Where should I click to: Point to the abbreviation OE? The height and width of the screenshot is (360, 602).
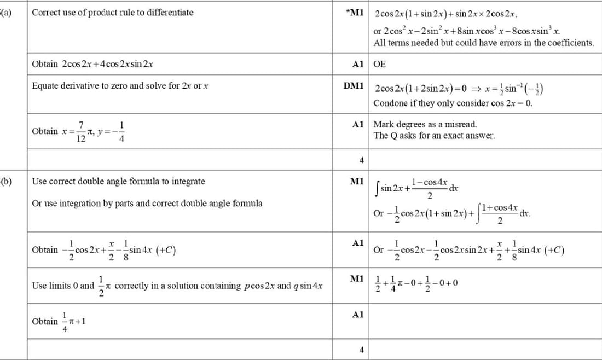point(379,64)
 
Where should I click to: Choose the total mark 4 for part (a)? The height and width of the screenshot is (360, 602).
point(361,160)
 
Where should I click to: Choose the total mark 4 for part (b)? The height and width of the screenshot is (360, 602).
point(361,350)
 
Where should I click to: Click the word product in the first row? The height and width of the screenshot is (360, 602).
point(100,13)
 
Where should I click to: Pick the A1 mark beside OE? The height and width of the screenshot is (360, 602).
point(358,64)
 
